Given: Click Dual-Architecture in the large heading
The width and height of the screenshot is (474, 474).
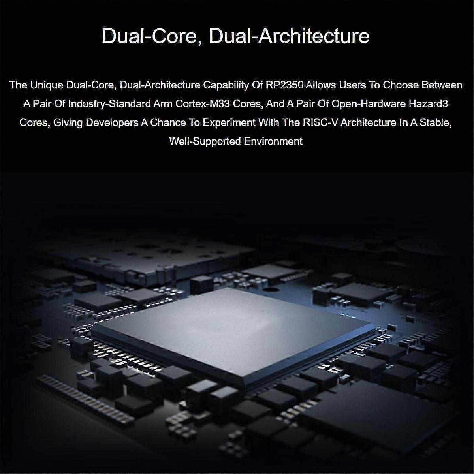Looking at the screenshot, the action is point(289,36).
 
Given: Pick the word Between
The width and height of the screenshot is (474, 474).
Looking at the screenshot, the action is point(442,85).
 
